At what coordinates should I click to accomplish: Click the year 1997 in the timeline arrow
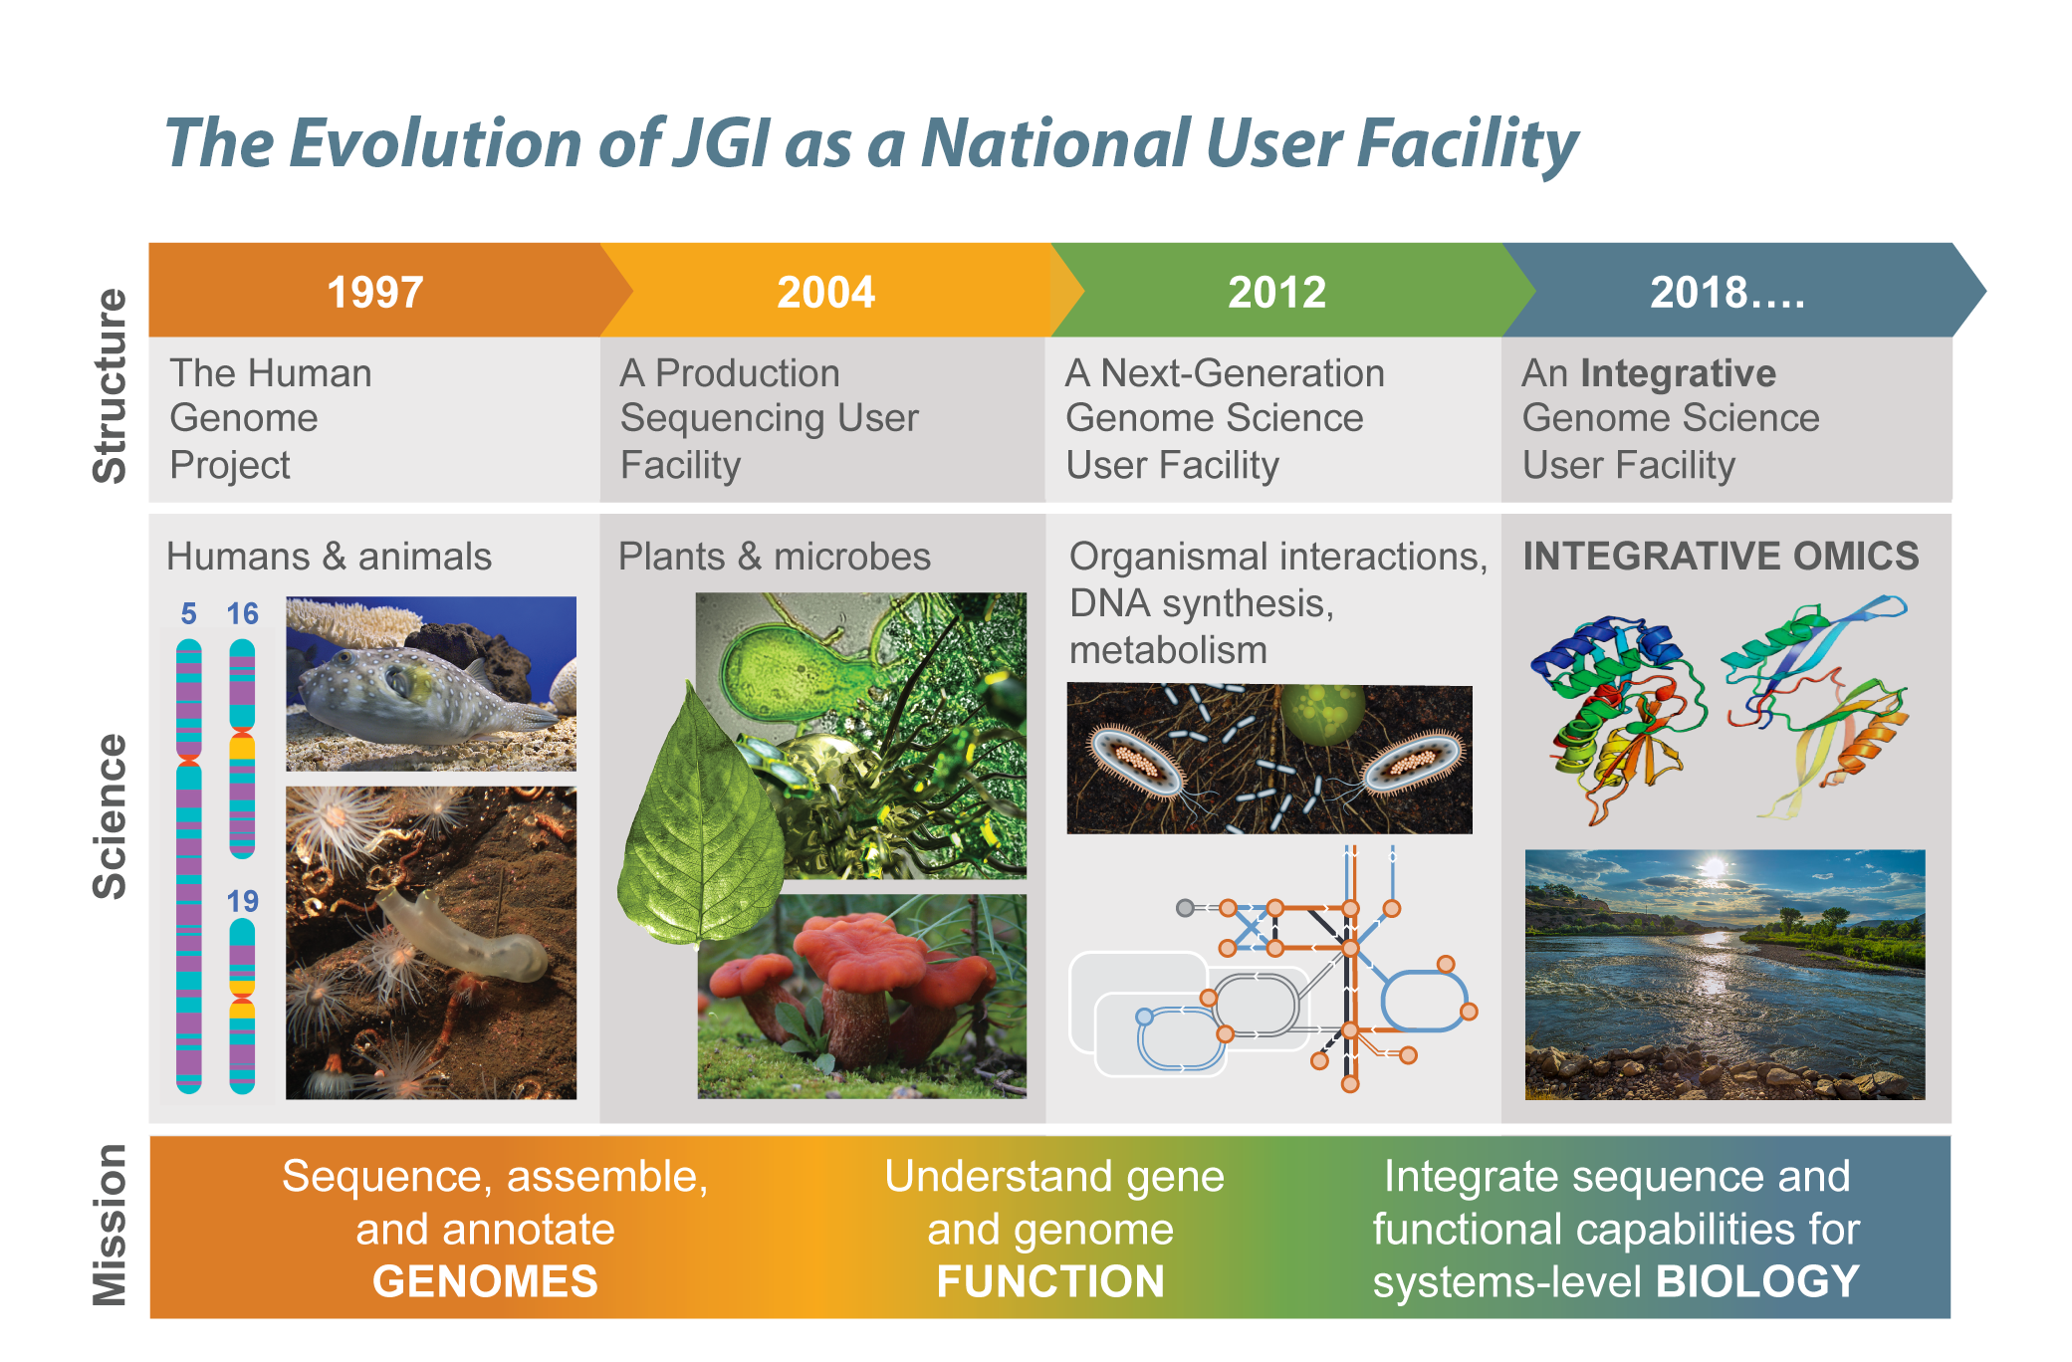point(375,293)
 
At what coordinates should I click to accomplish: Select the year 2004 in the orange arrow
point(825,293)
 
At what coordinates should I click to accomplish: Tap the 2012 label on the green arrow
point(1276,293)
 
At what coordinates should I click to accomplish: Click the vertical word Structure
point(110,386)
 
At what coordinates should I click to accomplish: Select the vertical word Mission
point(110,1225)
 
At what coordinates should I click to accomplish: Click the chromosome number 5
point(189,614)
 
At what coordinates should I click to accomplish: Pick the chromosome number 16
point(242,614)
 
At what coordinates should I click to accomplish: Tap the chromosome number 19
point(242,902)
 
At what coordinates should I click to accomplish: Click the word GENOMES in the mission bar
point(485,1281)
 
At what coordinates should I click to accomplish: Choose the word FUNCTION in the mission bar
point(1050,1281)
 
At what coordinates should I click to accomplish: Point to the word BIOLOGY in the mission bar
point(1757,1281)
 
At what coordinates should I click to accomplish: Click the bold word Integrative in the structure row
point(1678,373)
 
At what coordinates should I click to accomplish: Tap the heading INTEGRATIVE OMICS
point(1721,556)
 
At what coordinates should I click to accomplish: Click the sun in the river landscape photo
point(1713,868)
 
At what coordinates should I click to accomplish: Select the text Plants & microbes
point(775,557)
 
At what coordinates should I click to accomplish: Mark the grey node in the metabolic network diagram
point(1185,908)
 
